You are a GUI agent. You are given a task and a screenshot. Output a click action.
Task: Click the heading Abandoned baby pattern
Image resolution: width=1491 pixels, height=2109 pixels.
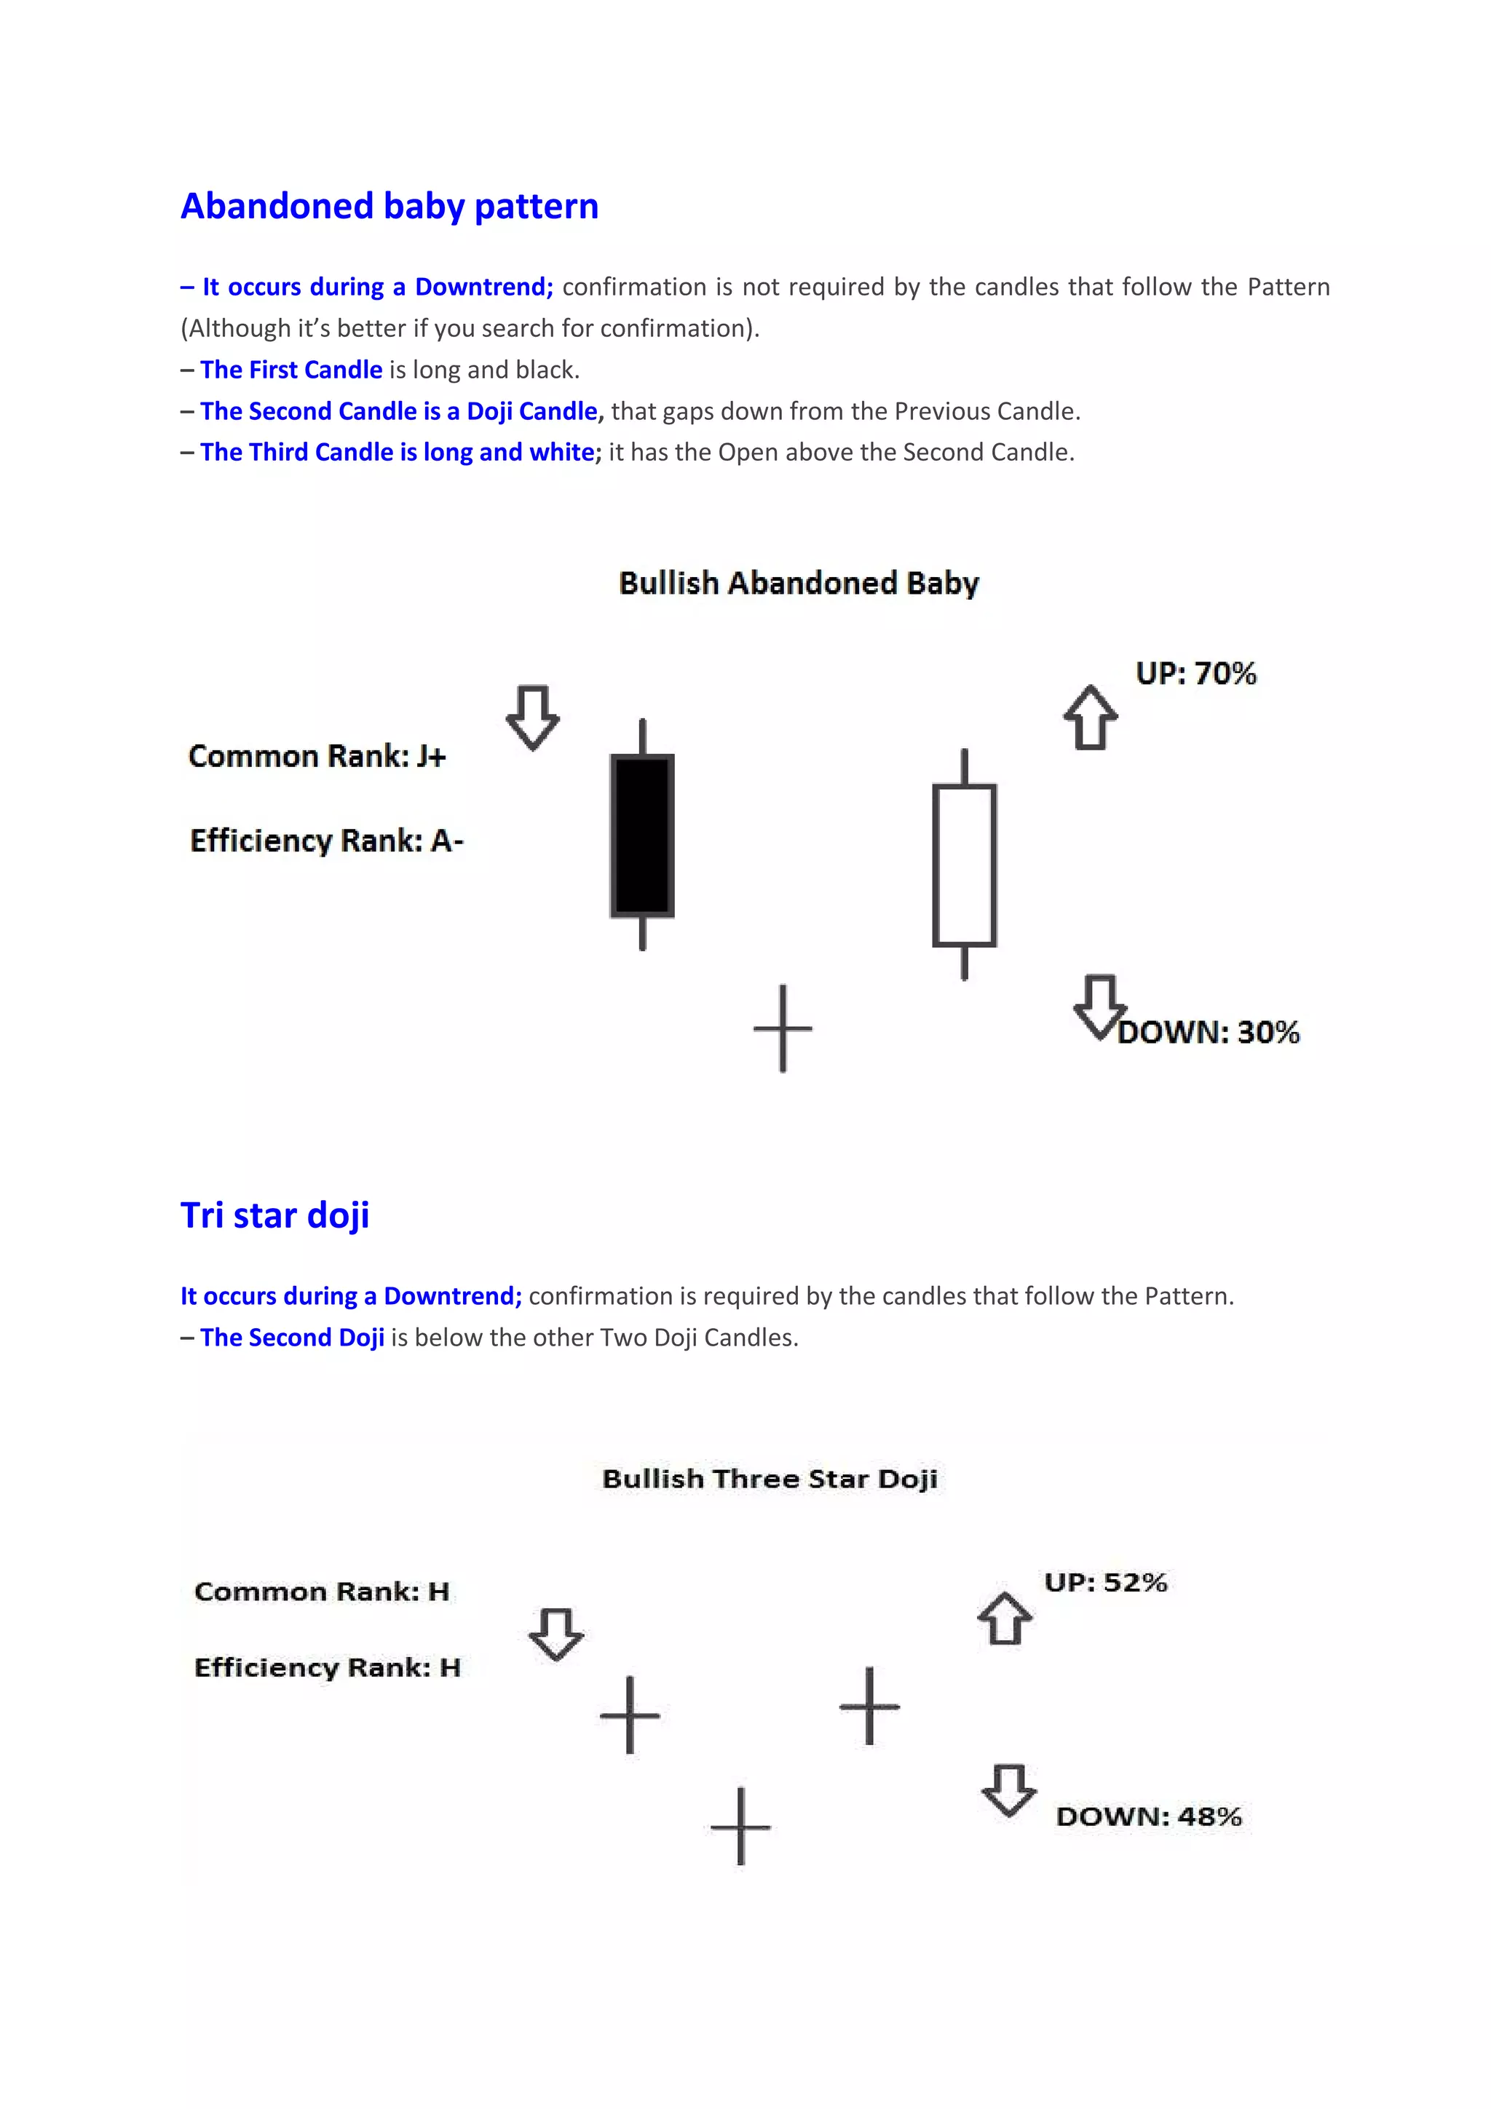389,207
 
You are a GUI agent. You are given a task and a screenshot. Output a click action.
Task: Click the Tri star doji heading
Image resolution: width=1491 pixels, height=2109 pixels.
274,1215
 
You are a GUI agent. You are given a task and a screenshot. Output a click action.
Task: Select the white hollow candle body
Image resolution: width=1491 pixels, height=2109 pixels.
964,865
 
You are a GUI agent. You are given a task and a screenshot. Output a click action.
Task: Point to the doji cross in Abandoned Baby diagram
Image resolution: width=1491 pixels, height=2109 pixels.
783,1029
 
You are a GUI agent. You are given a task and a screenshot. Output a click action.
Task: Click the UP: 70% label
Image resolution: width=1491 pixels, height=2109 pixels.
1195,673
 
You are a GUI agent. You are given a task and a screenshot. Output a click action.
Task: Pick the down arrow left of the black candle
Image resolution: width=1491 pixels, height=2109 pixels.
533,718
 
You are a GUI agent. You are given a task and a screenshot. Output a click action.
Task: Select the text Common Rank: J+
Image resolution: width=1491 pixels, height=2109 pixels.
317,756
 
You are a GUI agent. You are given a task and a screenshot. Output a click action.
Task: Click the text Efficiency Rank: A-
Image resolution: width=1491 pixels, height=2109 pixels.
326,841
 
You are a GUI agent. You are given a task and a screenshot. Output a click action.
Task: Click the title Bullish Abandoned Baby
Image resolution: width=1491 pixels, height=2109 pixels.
799,583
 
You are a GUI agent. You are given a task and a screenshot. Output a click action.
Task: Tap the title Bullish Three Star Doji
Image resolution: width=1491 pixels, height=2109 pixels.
770,1479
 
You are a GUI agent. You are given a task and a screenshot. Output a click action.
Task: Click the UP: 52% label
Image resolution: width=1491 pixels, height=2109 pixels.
1105,1583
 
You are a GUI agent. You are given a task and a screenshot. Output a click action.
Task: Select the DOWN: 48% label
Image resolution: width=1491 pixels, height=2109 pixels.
1148,1817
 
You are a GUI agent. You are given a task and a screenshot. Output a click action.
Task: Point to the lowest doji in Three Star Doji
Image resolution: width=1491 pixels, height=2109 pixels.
740,1826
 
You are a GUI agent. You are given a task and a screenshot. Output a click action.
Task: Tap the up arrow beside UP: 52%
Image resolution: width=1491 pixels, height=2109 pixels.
1004,1619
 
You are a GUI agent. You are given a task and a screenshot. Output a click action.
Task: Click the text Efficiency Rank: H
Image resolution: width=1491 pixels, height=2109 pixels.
327,1667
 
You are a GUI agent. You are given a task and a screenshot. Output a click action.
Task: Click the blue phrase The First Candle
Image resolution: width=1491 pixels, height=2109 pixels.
291,369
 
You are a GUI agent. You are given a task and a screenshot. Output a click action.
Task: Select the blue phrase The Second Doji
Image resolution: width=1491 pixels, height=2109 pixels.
292,1338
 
